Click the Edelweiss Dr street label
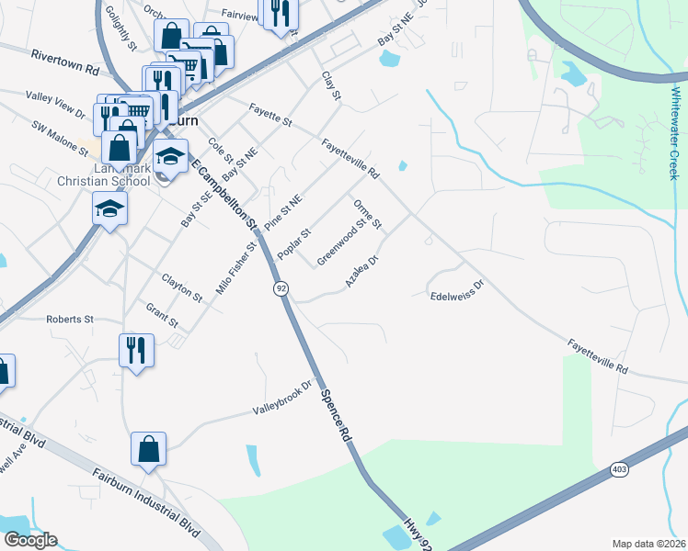click(x=456, y=290)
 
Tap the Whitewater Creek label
click(x=674, y=133)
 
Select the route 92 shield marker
click(x=280, y=288)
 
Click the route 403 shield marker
click(x=620, y=469)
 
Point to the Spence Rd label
click(x=337, y=413)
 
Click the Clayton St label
click(x=181, y=287)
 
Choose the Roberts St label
click(x=70, y=320)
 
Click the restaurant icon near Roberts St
click(x=136, y=351)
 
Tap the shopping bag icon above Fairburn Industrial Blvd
click(x=148, y=449)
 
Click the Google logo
click(x=30, y=540)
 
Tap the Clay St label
click(x=331, y=86)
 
